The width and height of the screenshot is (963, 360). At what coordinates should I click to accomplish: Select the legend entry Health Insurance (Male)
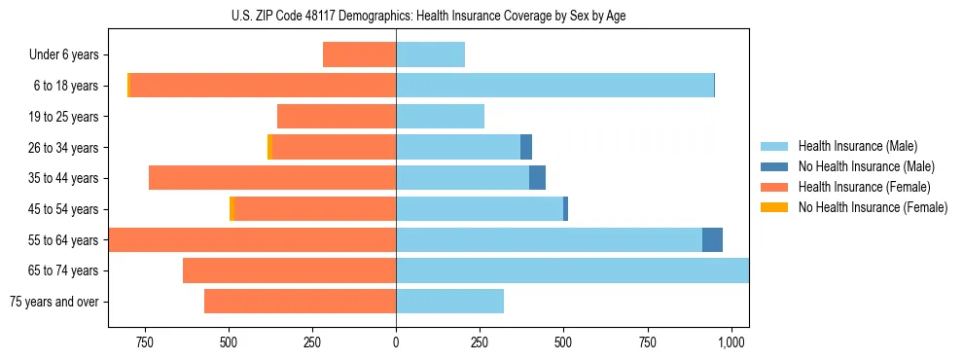coord(856,146)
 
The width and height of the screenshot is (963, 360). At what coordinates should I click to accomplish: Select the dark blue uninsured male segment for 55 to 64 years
coord(712,239)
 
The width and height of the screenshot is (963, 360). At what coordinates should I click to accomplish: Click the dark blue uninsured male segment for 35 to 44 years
coord(537,178)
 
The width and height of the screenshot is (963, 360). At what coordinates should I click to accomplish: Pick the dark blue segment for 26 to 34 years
coord(526,147)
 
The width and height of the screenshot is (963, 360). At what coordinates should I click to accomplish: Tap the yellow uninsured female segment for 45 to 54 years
coord(232,209)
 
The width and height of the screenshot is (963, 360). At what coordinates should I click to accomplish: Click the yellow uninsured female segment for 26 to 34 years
coord(269,147)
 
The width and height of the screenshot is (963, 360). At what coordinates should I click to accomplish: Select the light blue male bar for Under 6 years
coord(430,54)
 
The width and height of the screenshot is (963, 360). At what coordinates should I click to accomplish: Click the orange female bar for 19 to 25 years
coord(337,116)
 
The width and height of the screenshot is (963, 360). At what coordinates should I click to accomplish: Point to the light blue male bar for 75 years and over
coord(449,302)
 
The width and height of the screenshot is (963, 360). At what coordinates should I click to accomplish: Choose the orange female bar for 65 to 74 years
coord(289,270)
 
